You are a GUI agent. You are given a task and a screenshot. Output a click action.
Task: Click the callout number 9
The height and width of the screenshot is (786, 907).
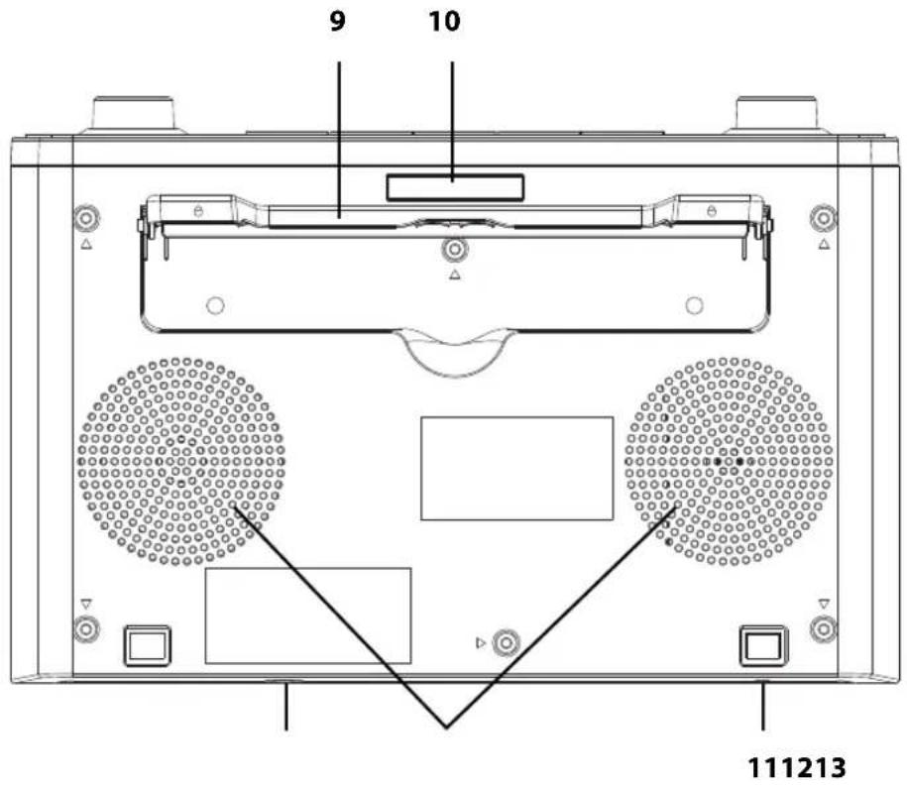(x=338, y=21)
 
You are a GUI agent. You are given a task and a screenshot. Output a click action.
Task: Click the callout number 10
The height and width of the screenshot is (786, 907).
(x=444, y=21)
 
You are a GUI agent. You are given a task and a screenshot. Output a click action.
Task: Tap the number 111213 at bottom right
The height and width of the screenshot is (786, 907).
(x=797, y=767)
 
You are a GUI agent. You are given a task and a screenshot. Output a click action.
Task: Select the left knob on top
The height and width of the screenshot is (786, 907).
(x=133, y=115)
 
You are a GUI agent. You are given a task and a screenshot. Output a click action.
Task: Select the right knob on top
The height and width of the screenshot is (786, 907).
(x=776, y=115)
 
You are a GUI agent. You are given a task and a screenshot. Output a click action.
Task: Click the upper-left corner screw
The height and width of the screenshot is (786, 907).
(x=86, y=219)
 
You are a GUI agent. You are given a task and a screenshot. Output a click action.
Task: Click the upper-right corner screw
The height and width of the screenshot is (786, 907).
(x=823, y=219)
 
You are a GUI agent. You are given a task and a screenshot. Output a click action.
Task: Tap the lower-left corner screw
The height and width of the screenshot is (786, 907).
(x=86, y=628)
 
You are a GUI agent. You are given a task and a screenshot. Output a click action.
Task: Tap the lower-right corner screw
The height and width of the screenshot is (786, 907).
(x=823, y=628)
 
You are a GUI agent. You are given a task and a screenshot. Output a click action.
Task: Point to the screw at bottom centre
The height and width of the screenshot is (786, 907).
(x=507, y=642)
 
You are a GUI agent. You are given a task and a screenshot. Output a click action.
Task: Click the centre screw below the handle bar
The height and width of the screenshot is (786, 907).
(x=455, y=250)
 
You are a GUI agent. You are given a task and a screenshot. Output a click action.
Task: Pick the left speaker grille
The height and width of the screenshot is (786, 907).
(x=181, y=462)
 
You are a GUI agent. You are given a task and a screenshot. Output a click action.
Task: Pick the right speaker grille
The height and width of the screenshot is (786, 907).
(x=729, y=462)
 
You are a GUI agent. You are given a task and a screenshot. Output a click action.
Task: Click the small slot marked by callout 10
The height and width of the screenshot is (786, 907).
(x=455, y=188)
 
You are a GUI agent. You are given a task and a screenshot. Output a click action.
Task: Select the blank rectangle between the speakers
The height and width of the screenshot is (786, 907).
(x=517, y=469)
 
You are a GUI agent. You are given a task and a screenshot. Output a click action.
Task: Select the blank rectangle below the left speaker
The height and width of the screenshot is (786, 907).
(x=308, y=616)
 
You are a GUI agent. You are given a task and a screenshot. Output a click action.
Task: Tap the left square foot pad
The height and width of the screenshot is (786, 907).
(x=148, y=645)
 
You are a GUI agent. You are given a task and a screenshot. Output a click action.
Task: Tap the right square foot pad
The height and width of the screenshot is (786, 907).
(x=763, y=645)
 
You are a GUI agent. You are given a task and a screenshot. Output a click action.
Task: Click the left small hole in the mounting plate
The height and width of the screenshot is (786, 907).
(x=215, y=305)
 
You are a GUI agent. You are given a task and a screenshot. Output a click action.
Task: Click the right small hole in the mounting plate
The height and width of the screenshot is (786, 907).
(x=694, y=305)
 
